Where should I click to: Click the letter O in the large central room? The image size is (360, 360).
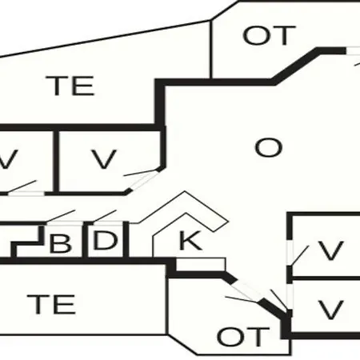tap(268, 147)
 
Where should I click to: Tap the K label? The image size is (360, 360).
tap(190, 241)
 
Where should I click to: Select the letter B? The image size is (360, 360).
tap(60, 243)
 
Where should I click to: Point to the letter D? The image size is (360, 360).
tap(105, 240)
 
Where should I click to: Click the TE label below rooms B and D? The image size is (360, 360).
tap(51, 304)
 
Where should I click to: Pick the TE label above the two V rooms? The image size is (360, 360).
tap(70, 86)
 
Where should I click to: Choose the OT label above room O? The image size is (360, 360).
tap(269, 35)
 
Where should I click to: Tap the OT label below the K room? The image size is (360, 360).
tap(243, 337)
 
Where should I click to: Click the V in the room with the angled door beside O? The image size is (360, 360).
tap(104, 159)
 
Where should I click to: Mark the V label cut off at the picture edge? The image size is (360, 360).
tap(8, 159)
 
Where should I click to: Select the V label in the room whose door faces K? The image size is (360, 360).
tap(330, 250)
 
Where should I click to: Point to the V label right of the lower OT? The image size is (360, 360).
tap(330, 310)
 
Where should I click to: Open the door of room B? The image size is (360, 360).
tap(61, 216)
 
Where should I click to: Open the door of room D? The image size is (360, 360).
tap(104, 216)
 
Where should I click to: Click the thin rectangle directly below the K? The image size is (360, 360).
tap(201, 264)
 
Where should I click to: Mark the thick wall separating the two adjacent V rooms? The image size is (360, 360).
tap(56, 162)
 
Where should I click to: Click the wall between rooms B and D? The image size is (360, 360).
tap(85, 240)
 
